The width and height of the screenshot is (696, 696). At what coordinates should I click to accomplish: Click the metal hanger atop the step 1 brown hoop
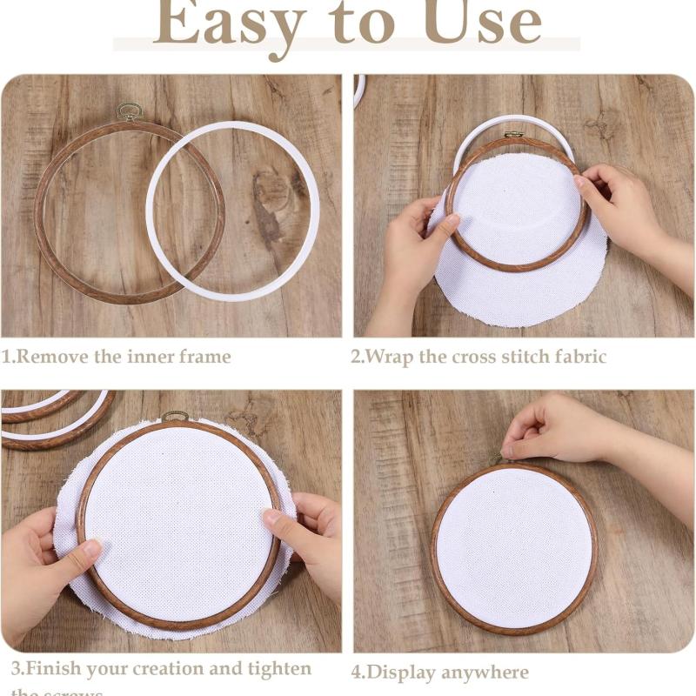[130, 111]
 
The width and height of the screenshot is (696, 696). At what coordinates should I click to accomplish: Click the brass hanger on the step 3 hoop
[175, 417]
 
